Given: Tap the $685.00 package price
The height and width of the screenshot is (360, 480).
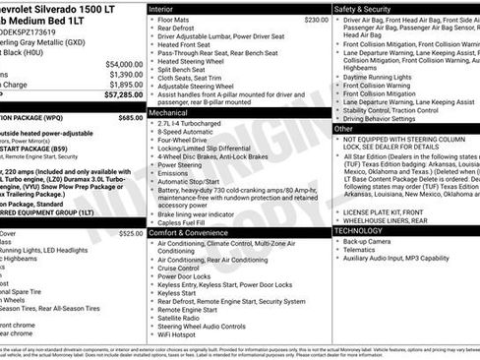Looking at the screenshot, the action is pyautogui.click(x=129, y=117).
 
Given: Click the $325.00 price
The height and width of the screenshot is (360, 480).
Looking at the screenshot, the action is pyautogui.click(x=129, y=234).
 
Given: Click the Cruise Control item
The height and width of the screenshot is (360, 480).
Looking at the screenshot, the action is pyautogui.click(x=184, y=268).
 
